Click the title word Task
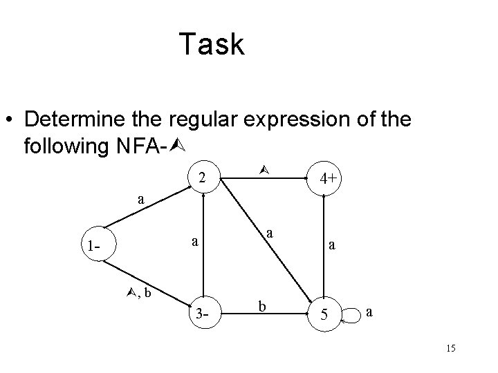(211, 45)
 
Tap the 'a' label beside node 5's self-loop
(371, 312)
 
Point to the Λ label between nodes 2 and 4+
(261, 169)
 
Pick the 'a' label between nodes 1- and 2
(141, 200)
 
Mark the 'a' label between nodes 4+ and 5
(333, 245)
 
